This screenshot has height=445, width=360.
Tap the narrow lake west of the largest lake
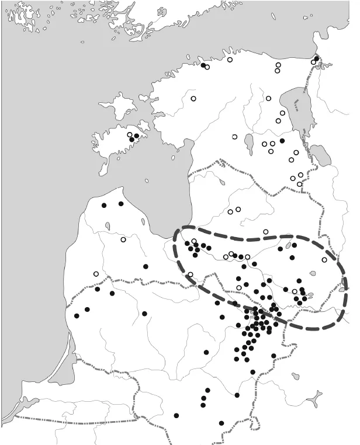tap(250, 142)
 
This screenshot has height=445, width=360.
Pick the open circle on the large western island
tap(130, 135)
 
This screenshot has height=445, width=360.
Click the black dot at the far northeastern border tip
tap(316, 58)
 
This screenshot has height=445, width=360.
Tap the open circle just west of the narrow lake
tap(234, 137)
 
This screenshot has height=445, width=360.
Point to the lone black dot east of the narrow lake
tap(282, 141)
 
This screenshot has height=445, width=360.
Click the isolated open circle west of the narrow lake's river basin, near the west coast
tap(193, 98)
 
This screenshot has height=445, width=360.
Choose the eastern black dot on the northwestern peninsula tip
tap(121, 204)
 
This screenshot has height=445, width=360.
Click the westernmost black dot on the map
tap(77, 316)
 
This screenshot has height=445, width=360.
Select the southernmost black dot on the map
tap(221, 423)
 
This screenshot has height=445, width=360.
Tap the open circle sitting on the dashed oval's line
tap(191, 274)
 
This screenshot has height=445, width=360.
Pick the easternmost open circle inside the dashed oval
tap(324, 260)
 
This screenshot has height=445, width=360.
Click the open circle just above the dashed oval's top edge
tap(266, 232)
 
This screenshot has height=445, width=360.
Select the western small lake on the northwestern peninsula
tap(108, 225)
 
